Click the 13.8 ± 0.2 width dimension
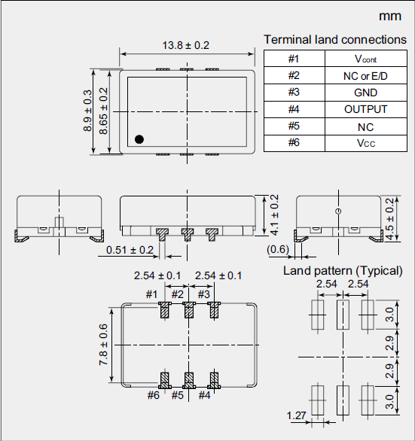coord(186,45)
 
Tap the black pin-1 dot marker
coord(139,138)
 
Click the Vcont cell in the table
coord(365,59)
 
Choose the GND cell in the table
coord(365,93)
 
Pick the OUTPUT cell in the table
coord(365,109)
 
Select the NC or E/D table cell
coord(365,75)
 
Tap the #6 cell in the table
coord(294,143)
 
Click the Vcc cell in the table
coord(365,143)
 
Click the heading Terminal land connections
coord(334,39)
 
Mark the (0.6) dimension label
coord(278,250)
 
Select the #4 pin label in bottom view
coord(204,394)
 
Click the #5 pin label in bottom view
coord(178,394)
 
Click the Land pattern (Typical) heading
coord(343,270)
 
